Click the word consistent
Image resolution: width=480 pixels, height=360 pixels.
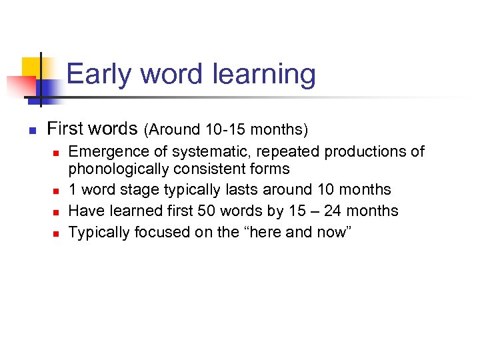pyautogui.click(x=213, y=169)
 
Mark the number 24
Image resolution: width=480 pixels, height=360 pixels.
pyautogui.click(x=331, y=211)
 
